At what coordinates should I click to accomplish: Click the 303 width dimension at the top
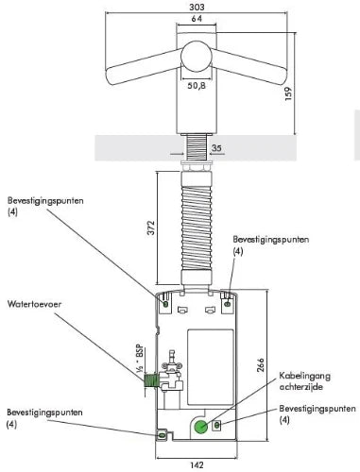197,7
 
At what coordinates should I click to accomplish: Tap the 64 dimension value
197,19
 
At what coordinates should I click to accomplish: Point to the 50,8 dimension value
197,85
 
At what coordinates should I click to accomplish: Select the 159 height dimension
288,93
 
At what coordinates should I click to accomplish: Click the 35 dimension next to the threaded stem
216,148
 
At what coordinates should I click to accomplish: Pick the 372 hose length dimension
151,228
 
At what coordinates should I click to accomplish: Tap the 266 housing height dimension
261,365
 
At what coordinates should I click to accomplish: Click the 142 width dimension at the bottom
197,464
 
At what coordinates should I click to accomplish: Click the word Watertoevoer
34,304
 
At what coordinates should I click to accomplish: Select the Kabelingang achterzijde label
305,381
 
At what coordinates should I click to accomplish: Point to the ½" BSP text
140,360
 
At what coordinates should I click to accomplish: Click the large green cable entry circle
200,427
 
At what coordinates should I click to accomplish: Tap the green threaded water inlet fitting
149,380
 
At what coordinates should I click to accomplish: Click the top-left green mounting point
165,304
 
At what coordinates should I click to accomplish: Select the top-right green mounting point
228,304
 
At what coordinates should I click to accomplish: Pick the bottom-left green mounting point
162,435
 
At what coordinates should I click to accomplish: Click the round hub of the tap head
196,57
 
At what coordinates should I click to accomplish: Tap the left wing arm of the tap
144,67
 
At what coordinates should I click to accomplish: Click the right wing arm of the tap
249,67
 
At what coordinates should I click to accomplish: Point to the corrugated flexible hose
197,228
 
